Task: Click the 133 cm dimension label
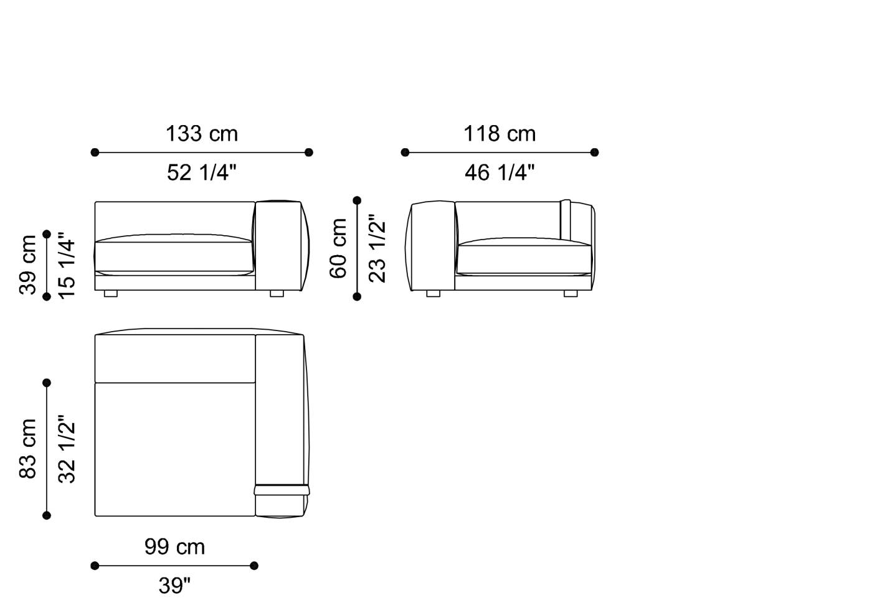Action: tap(201, 134)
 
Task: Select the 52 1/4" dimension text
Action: tap(201, 172)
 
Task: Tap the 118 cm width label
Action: tap(500, 134)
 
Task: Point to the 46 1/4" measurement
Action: tap(500, 172)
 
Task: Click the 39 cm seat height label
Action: tap(29, 264)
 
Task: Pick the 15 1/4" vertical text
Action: tap(66, 265)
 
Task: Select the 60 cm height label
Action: tap(338, 248)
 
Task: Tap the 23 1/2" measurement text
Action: tap(377, 248)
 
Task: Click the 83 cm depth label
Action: tap(29, 449)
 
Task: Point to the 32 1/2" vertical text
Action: tap(66, 449)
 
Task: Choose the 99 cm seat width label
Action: tap(174, 547)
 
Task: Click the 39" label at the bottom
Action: tap(174, 586)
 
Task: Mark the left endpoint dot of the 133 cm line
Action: tap(95, 152)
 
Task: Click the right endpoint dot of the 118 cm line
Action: tap(594, 152)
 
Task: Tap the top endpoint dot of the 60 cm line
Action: tap(357, 200)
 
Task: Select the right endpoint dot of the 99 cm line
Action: tap(254, 566)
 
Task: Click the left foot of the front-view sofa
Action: tap(110, 293)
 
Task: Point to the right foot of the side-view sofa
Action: tap(570, 293)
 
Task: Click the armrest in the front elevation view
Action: tap(278, 245)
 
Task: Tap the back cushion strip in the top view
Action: tap(175, 358)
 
